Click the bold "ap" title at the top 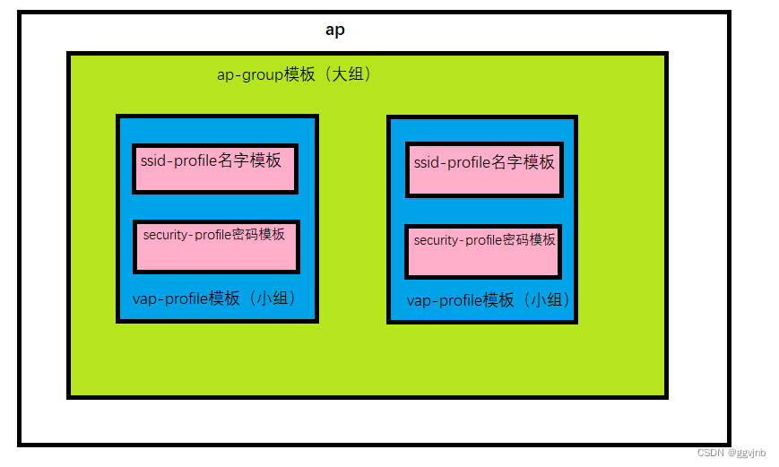334,30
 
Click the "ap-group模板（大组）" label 294,75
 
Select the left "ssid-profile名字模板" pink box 215,168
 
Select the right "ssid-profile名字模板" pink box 484,169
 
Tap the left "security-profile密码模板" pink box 216,246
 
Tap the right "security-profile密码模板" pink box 484,251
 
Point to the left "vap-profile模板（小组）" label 213,298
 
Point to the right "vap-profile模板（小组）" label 489,300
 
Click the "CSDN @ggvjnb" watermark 731,454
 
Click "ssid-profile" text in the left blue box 178,161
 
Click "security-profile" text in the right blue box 457,240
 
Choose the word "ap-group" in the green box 249,75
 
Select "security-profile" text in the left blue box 186,235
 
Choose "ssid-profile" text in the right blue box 452,163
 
